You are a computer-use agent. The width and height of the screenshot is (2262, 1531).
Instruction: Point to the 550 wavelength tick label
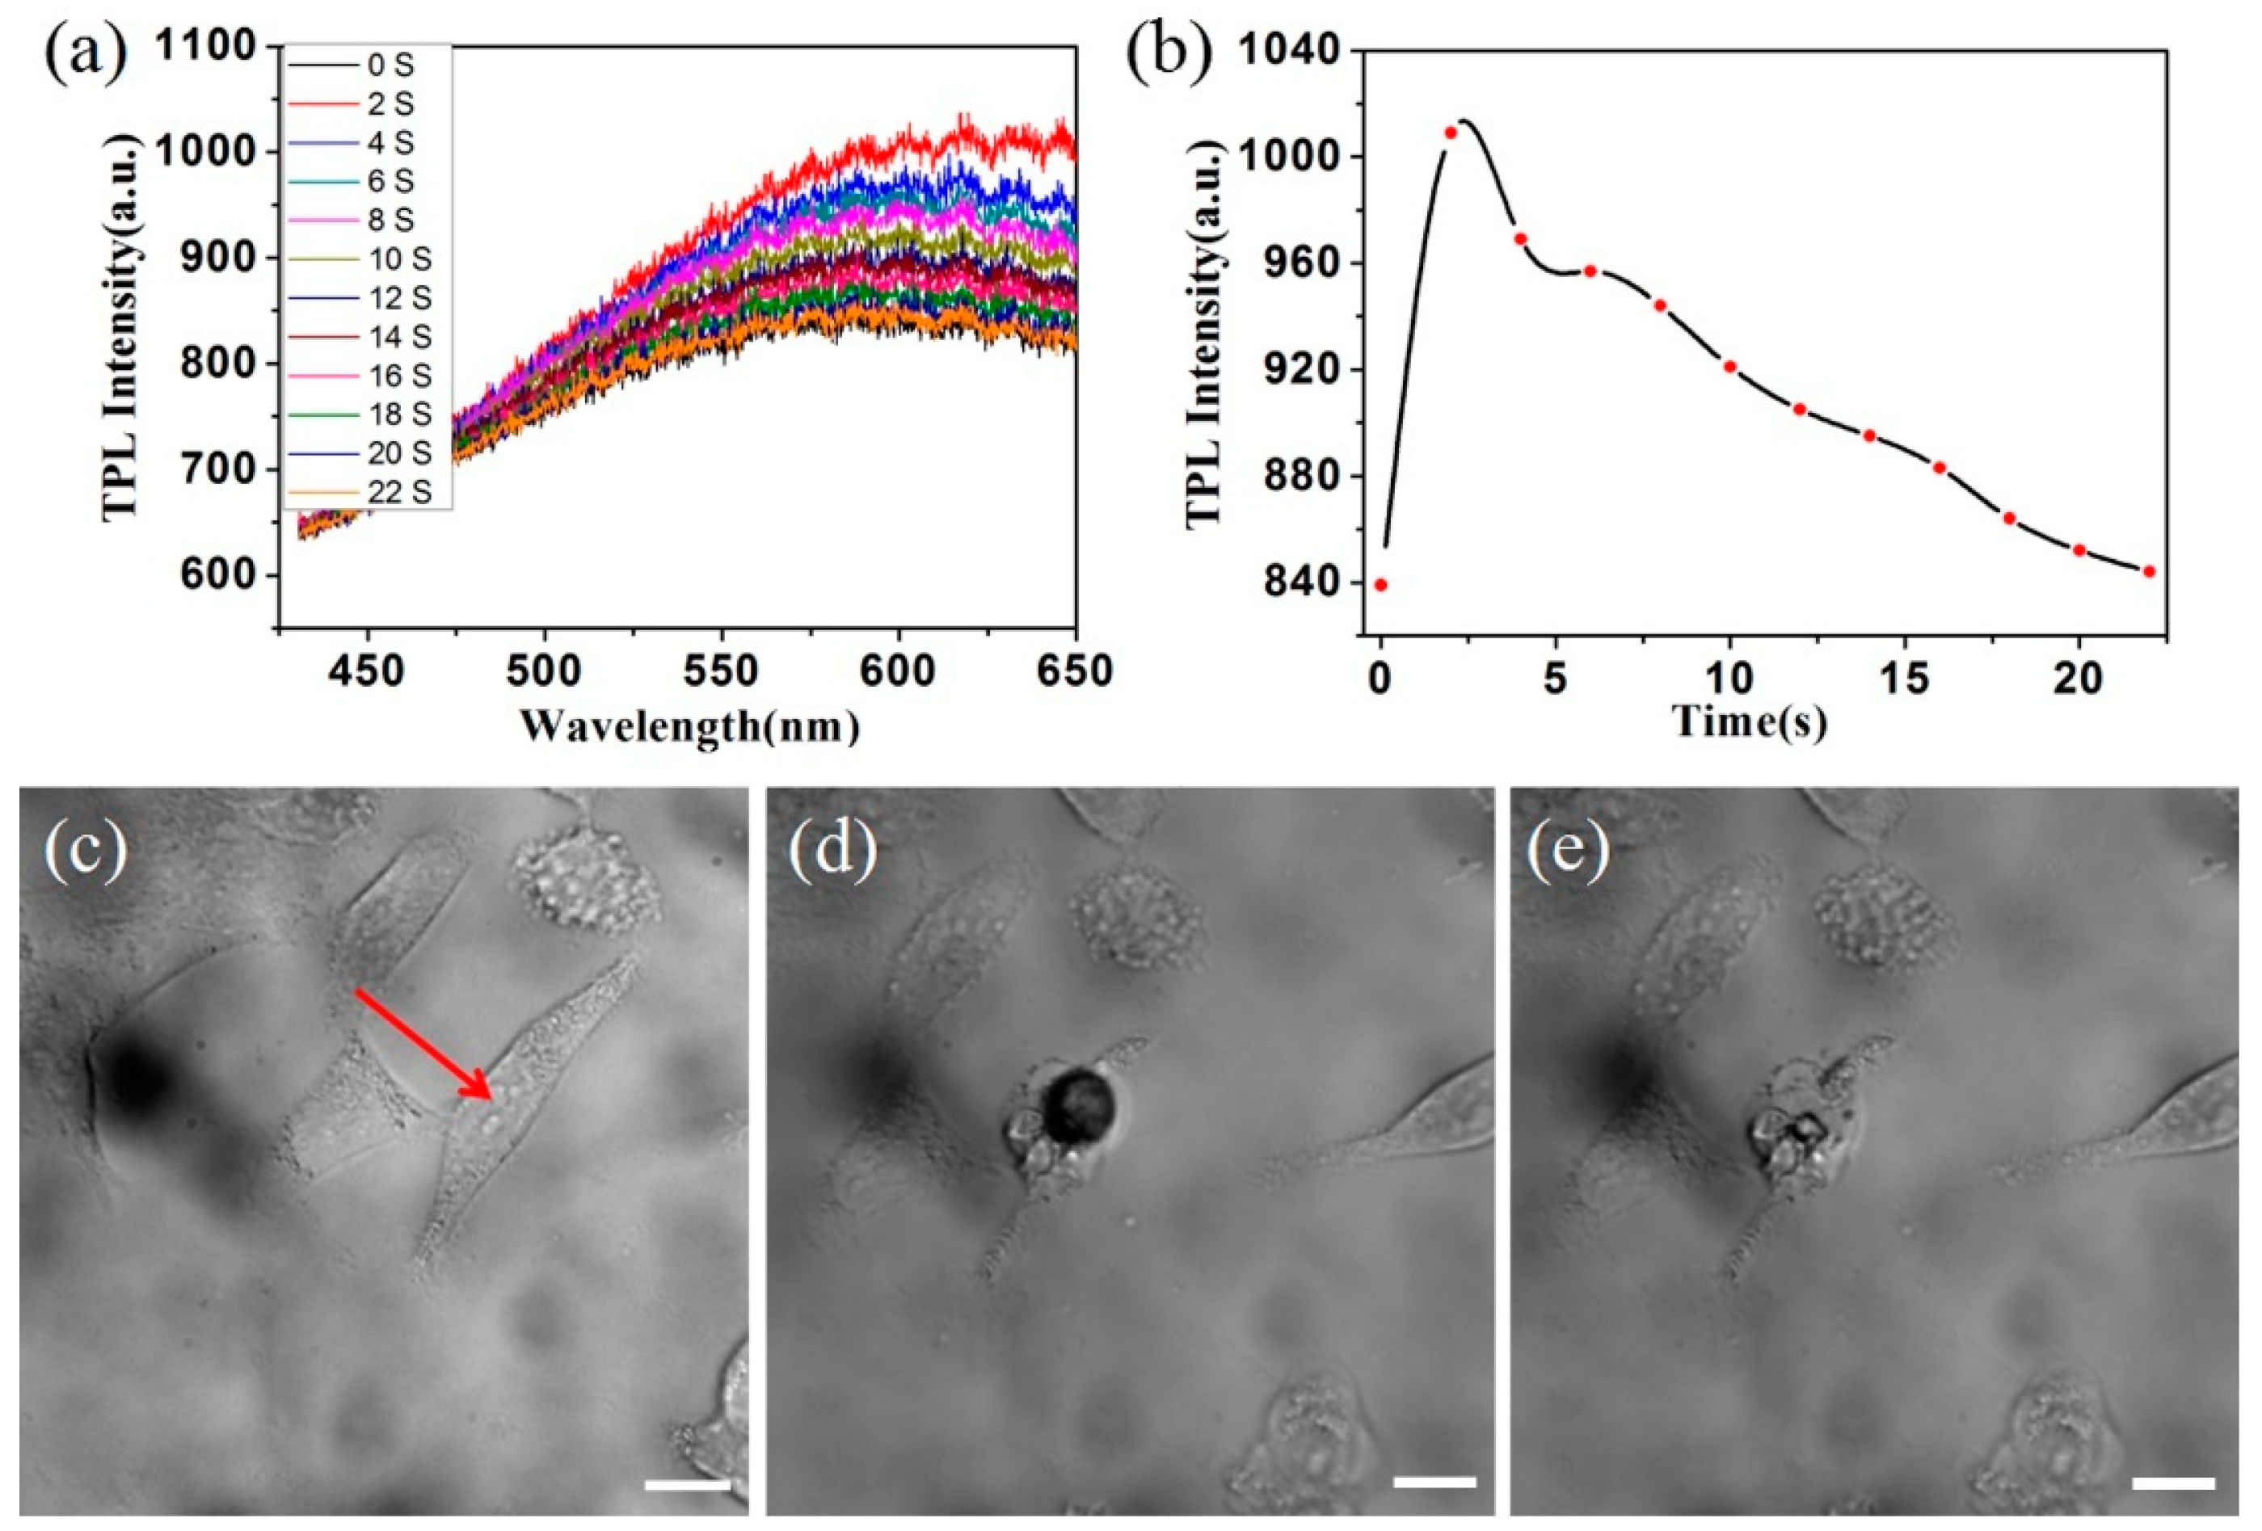(x=721, y=671)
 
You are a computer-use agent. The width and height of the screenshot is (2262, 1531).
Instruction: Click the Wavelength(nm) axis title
(x=689, y=726)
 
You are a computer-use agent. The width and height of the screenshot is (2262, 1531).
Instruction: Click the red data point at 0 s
(x=1380, y=585)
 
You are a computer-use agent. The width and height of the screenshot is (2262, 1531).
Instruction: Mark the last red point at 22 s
(x=2150, y=571)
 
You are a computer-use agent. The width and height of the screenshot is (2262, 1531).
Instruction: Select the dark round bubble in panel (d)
(x=1077, y=1104)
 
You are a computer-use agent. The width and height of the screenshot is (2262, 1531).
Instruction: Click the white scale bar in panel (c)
(x=686, y=1485)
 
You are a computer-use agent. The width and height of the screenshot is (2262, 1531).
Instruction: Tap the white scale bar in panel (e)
(x=2172, y=1483)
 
